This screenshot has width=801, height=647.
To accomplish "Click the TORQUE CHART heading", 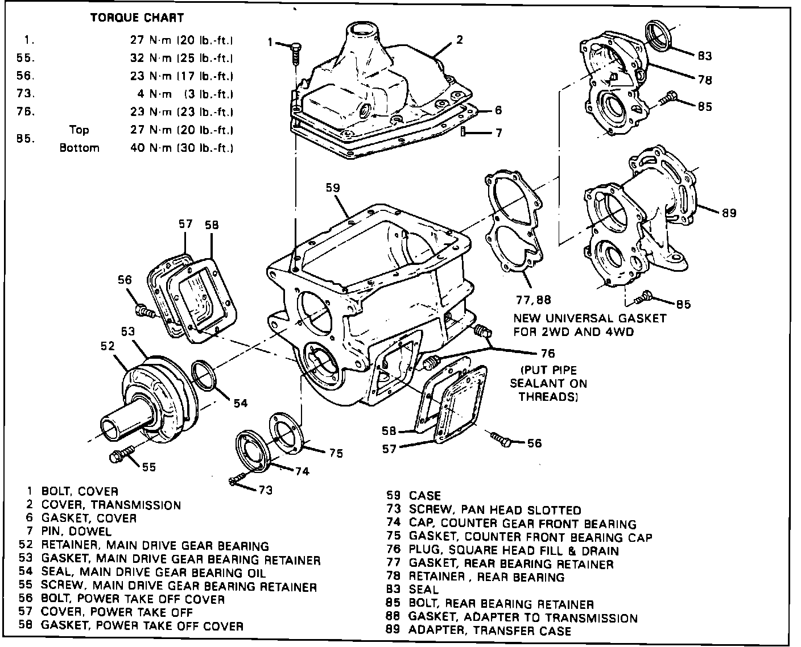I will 137,18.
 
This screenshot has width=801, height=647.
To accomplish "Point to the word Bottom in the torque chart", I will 79,148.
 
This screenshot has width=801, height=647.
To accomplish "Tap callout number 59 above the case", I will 335,186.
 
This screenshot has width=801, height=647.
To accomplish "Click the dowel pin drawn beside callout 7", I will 464,132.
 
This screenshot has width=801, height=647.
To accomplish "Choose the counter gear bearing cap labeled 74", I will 251,449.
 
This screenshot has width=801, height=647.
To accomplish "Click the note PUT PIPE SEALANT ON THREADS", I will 548,384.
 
